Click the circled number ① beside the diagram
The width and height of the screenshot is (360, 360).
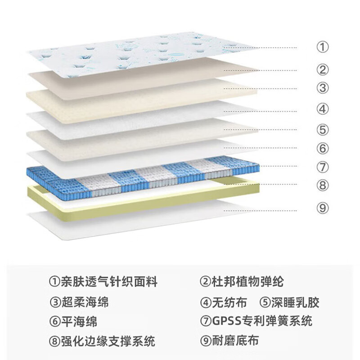point(323,47)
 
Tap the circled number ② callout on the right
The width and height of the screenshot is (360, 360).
point(323,70)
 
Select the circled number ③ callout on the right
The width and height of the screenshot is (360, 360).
point(323,88)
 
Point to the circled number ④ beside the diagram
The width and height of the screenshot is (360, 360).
point(323,109)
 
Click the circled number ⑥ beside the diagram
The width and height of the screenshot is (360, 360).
point(323,148)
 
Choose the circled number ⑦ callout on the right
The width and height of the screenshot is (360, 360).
point(323,167)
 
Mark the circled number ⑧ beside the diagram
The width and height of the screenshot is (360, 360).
point(323,185)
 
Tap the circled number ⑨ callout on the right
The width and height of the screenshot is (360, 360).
point(323,208)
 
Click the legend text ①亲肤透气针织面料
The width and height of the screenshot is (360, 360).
point(103,282)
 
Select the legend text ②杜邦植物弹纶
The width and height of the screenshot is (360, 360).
point(242,282)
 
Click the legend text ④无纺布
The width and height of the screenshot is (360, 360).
point(223,302)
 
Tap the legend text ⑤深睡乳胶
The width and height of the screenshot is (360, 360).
point(290,302)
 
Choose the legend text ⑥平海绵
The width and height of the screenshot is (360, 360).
point(72,321)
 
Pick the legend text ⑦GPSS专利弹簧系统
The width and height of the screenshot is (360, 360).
point(256,321)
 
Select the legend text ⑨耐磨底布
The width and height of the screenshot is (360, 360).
point(229,341)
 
